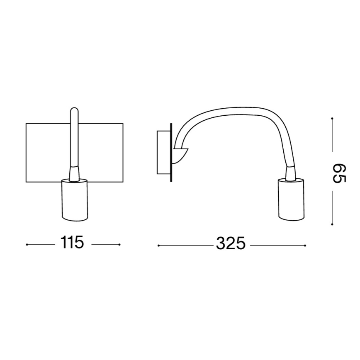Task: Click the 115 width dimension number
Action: point(73,243)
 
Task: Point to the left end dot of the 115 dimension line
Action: point(27,245)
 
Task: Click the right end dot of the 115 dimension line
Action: point(119,245)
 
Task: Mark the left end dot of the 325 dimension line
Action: point(158,246)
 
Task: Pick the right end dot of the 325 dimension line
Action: point(305,246)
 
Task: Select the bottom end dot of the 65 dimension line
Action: point(332,224)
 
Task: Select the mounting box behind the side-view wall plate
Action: point(162,152)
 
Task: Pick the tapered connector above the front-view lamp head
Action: point(74,173)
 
